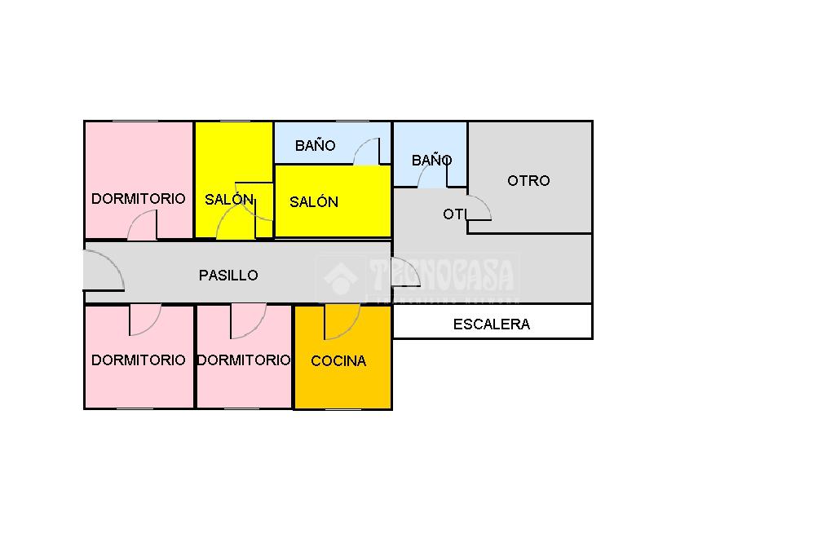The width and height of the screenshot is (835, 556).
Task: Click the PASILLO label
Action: coord(228,276)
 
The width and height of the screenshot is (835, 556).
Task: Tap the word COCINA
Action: coord(338,361)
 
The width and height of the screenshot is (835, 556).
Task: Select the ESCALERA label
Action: coord(491,324)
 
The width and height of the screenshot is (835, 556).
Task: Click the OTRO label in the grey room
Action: coord(528,181)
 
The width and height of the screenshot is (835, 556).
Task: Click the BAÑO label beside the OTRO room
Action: coord(431,161)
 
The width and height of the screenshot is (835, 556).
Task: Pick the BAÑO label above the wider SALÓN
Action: coord(316,146)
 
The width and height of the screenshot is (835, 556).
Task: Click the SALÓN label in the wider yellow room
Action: coord(314,202)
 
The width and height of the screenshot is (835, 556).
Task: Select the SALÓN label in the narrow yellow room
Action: coord(229,200)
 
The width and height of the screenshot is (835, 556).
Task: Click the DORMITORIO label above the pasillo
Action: coord(138,199)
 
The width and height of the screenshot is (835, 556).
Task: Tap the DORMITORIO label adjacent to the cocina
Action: coord(244,360)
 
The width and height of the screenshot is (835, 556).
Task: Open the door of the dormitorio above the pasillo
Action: coord(144,226)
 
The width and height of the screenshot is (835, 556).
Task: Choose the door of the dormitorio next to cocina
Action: coord(247,320)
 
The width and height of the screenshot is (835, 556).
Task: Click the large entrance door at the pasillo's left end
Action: coord(103,271)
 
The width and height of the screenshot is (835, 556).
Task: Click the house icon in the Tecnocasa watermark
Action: coord(341,278)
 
